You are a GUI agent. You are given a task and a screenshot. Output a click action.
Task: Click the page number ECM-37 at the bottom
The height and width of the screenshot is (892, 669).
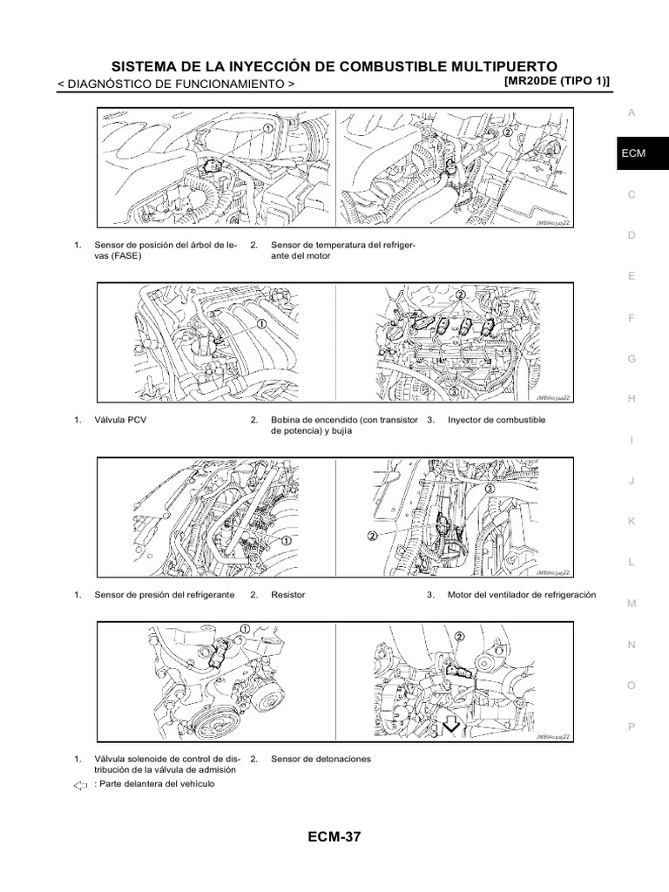(x=334, y=838)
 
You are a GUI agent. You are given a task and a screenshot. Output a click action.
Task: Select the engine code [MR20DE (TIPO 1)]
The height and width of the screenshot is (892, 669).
(x=557, y=81)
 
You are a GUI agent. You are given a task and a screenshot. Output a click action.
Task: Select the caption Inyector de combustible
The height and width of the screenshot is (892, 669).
(x=497, y=420)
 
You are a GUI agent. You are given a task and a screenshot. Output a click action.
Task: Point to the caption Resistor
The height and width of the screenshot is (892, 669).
(x=288, y=595)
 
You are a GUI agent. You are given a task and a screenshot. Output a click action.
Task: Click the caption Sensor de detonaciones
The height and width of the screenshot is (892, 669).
(x=321, y=759)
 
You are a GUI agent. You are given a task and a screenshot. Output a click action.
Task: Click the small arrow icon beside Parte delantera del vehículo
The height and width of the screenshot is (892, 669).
(x=80, y=785)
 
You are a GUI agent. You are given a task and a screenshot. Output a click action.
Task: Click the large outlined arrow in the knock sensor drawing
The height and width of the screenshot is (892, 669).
(x=451, y=725)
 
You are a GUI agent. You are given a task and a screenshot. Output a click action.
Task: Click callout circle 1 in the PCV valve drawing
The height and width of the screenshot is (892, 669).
(x=260, y=324)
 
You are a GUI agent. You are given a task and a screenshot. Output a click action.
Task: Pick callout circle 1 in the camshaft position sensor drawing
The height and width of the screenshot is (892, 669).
(x=268, y=127)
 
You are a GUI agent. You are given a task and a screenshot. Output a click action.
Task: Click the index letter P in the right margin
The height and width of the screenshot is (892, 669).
(x=632, y=726)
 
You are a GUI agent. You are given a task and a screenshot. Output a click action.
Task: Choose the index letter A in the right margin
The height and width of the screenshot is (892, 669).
(x=632, y=112)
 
